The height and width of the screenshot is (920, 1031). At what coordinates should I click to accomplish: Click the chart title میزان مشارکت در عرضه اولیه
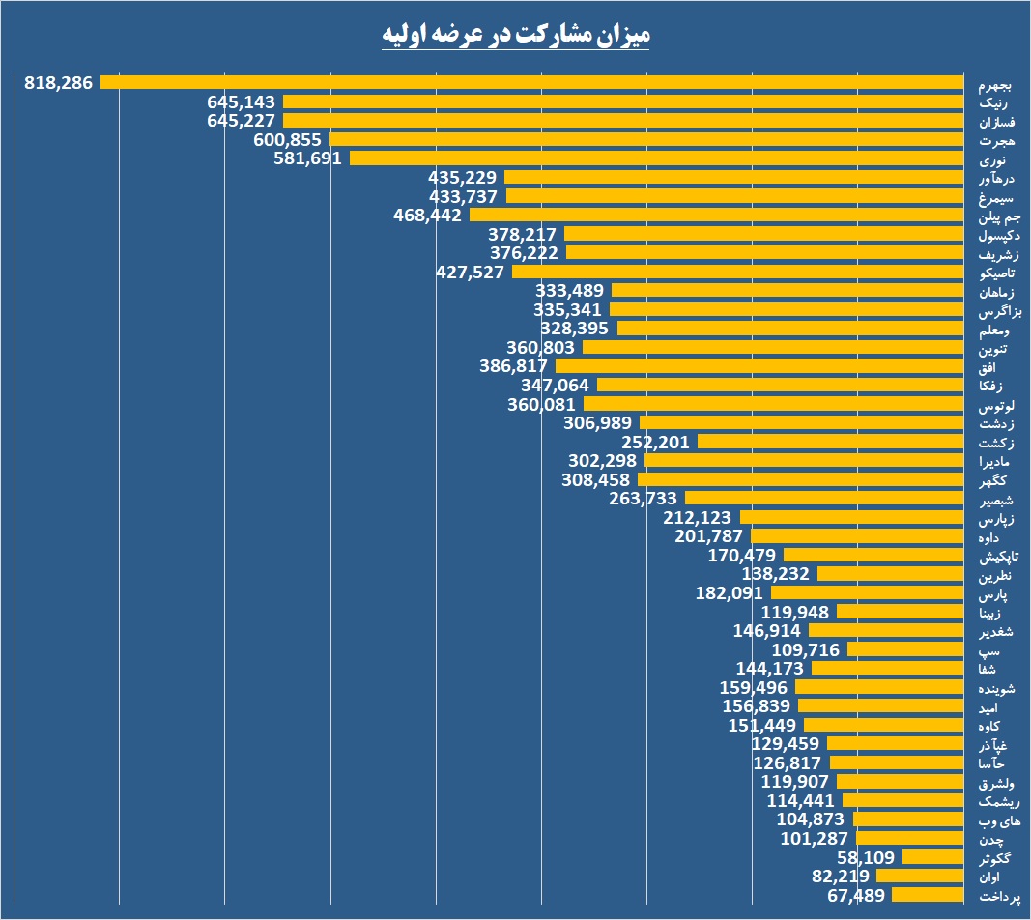514,34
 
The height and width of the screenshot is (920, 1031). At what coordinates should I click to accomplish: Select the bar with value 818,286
531,83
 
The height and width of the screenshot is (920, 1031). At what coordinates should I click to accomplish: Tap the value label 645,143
242,101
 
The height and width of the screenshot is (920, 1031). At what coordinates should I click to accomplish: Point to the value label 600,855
288,139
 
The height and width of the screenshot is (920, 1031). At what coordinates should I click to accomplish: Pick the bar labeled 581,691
657,158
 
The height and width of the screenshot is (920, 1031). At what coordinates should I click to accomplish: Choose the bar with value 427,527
738,272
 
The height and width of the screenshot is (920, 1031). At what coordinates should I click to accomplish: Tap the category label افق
987,367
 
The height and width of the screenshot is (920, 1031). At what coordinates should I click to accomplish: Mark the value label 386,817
514,366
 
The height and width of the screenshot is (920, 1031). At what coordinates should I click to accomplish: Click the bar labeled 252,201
831,442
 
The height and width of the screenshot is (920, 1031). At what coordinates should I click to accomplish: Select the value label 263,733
644,499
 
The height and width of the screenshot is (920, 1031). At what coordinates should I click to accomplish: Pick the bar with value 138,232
891,574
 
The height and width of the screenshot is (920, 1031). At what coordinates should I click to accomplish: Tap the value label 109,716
806,649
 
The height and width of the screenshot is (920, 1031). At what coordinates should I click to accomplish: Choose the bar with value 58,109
933,857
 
